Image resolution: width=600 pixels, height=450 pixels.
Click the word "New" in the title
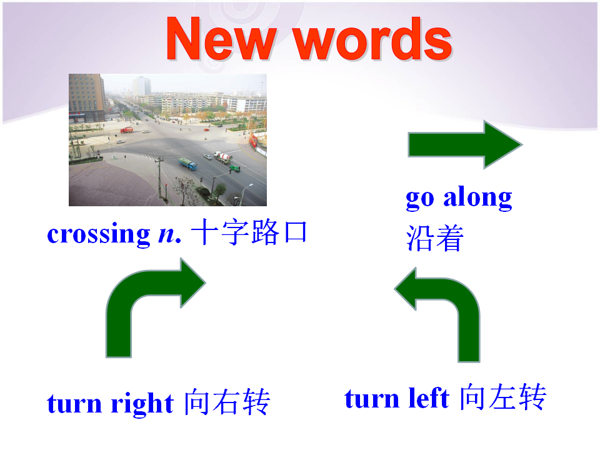(221, 39)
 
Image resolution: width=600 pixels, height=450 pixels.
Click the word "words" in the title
(373, 39)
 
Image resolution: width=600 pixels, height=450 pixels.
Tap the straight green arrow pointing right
(465, 144)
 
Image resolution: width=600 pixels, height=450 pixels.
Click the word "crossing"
(98, 234)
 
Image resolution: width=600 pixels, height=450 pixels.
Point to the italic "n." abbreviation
(169, 234)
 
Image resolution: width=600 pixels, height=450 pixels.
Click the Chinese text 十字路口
(249, 232)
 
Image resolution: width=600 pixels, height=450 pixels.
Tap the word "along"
(477, 197)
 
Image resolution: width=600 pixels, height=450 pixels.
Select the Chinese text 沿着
(435, 238)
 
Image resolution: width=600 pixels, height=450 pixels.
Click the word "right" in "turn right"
(142, 403)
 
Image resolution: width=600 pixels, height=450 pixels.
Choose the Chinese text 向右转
(227, 402)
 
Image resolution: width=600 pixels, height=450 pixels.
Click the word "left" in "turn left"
(429, 398)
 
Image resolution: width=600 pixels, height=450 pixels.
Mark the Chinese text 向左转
(502, 397)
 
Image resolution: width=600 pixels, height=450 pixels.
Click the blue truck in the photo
(187, 164)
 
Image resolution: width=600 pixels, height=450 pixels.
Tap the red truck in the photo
(127, 131)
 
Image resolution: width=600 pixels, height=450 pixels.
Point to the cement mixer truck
(222, 157)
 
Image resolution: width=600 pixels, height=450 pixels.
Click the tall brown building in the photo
(86, 98)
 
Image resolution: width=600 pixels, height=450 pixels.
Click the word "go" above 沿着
(420, 199)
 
